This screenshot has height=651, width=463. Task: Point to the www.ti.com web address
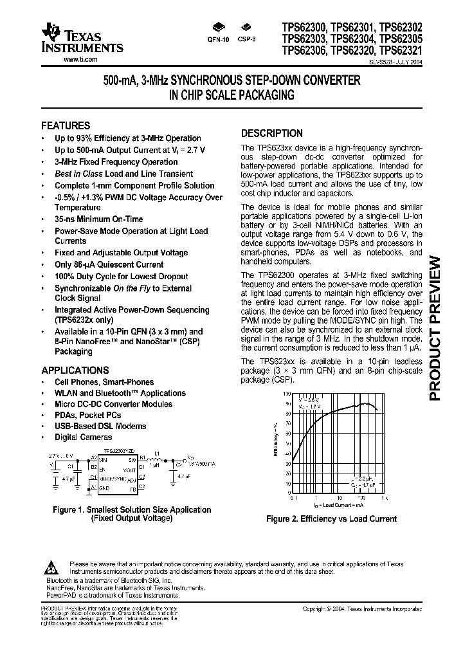tap(80, 59)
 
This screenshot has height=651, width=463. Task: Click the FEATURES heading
tap(66, 125)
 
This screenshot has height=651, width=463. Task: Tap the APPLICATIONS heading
tap(75, 371)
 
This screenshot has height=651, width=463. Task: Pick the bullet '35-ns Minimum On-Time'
tap(98, 219)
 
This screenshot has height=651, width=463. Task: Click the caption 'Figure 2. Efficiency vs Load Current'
tap(331, 518)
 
